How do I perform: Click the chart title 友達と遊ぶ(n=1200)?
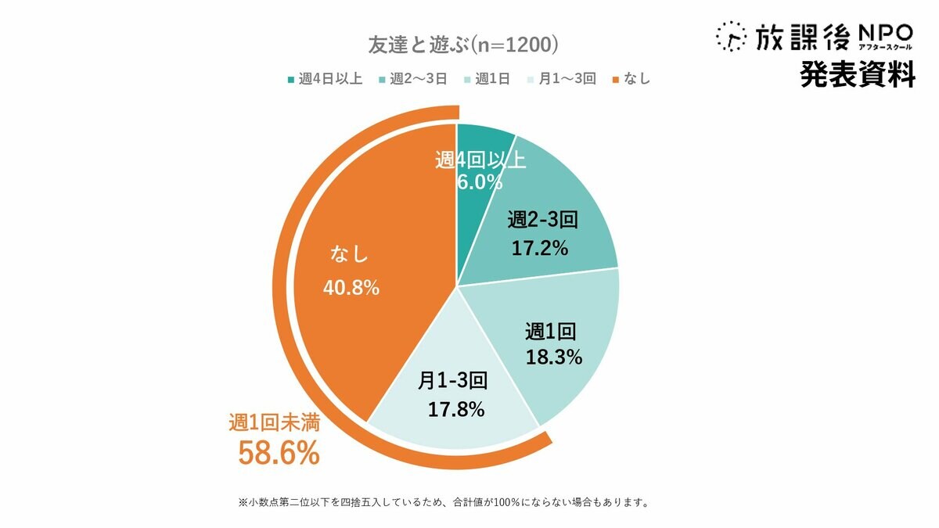(x=462, y=44)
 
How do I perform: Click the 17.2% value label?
(x=539, y=249)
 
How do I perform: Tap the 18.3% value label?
(x=554, y=357)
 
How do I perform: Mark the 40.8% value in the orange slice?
(x=351, y=288)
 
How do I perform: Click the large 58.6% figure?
(x=278, y=453)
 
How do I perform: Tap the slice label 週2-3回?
(x=541, y=220)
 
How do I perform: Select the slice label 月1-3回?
(x=453, y=381)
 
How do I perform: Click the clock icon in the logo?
(x=731, y=36)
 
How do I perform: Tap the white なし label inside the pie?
(x=349, y=255)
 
